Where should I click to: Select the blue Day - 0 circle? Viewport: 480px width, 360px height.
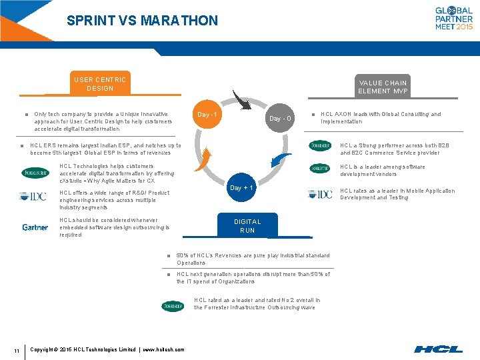[279, 119]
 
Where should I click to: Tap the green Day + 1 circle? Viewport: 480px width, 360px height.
[241, 188]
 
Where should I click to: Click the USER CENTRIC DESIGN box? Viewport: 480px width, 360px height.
[100, 84]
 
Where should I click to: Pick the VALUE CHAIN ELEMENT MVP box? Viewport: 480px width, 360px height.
[383, 87]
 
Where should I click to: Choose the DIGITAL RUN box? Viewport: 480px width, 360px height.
[247, 225]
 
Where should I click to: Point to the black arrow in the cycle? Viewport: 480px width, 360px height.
[241, 99]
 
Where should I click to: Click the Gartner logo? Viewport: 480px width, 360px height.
[35, 227]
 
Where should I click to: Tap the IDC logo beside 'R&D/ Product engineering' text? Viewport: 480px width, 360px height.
[33, 196]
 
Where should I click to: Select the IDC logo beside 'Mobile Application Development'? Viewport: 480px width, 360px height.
[320, 194]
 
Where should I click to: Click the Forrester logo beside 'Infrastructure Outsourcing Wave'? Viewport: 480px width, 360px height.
[173, 306]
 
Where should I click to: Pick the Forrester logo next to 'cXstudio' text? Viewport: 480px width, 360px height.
[35, 173]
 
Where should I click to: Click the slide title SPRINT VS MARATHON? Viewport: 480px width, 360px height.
[142, 21]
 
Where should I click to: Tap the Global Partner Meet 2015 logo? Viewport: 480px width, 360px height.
[454, 18]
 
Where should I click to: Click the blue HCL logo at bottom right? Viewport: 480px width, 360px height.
[438, 349]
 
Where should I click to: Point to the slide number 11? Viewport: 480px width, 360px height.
[16, 349]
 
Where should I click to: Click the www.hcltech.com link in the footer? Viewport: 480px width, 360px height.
[163, 349]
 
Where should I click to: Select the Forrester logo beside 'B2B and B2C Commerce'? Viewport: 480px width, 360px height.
[320, 146]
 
